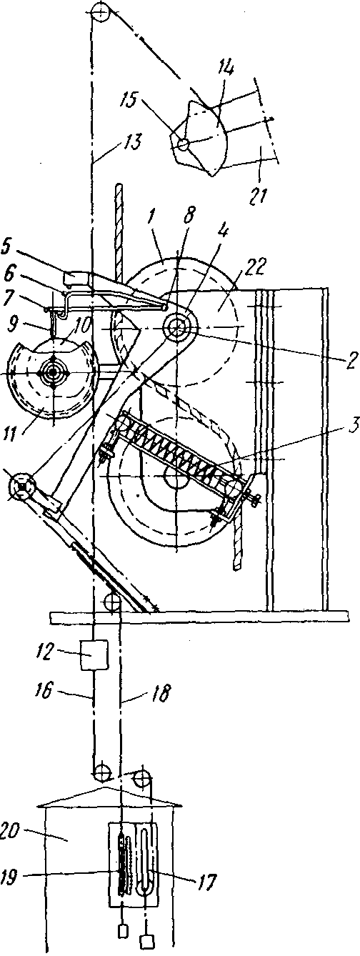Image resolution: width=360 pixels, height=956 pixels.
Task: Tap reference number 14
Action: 226,69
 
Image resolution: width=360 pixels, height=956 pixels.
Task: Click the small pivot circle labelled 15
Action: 183,144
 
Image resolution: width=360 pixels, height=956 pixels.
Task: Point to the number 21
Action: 259,194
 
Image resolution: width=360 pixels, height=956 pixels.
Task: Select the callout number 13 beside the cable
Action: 133,143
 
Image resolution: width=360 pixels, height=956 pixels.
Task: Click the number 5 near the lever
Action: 8,248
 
